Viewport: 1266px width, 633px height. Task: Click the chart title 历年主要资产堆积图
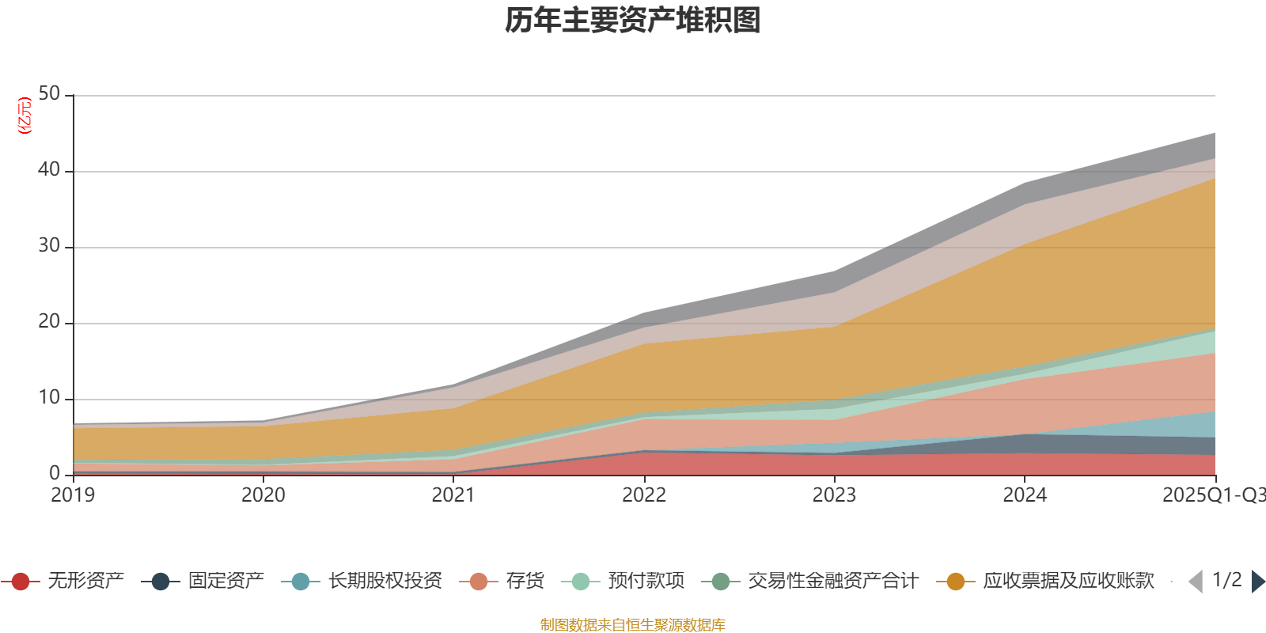click(633, 21)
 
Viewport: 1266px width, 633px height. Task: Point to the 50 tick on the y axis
click(49, 94)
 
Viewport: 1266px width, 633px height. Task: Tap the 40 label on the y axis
click(49, 170)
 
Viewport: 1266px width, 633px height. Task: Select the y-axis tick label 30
click(49, 246)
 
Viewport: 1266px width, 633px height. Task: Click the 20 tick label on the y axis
click(49, 322)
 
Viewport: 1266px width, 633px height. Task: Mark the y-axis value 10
click(49, 398)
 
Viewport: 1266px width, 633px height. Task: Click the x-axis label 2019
click(73, 495)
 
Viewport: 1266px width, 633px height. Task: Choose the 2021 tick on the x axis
click(453, 495)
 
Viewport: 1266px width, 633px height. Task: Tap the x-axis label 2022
click(644, 495)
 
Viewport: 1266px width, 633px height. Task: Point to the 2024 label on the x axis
click(1025, 495)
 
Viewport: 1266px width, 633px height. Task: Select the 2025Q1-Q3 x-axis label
click(1213, 495)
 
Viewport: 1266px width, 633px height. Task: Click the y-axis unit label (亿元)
click(25, 116)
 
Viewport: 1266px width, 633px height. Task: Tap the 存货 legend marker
click(479, 582)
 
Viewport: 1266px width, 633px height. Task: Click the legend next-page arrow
click(1257, 582)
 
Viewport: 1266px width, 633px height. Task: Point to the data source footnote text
click(633, 625)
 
